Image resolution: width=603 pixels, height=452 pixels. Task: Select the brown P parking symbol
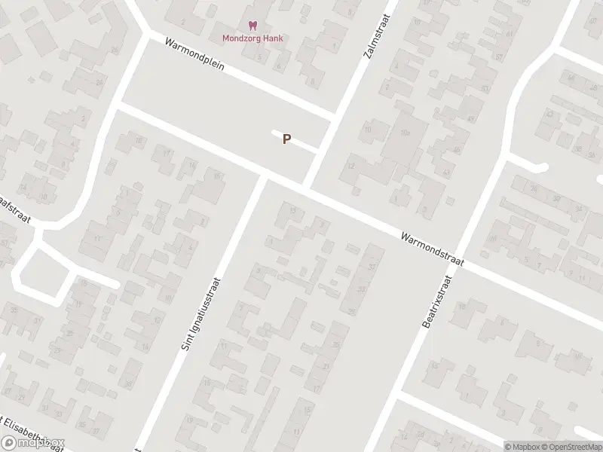[x=286, y=139]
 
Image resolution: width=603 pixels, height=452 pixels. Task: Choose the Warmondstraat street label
[x=432, y=248]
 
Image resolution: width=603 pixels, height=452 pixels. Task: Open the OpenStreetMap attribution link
[x=571, y=446]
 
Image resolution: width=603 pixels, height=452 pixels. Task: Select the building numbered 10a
[x=405, y=133]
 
